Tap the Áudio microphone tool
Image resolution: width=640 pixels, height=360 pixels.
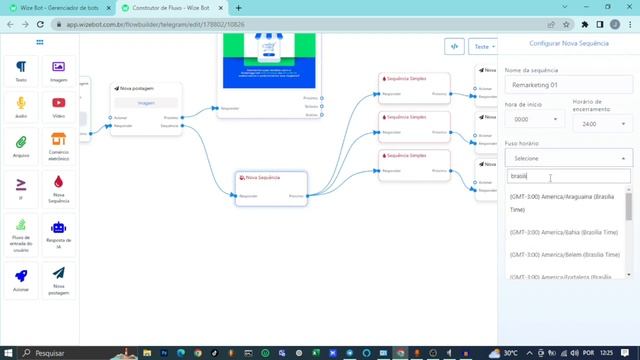[x=21, y=107]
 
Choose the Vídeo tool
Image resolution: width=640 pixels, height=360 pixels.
[x=59, y=107]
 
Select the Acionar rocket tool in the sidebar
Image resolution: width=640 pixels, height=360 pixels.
[x=21, y=278]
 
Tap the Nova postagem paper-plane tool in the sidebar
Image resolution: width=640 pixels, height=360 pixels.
[x=59, y=278]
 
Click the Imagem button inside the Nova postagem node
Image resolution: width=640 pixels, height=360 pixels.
[x=146, y=102]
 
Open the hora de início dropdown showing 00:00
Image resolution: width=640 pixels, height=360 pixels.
[x=534, y=120]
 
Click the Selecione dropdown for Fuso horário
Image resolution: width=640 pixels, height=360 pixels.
[x=568, y=158]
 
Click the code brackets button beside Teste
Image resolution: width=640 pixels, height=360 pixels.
[x=454, y=46]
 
